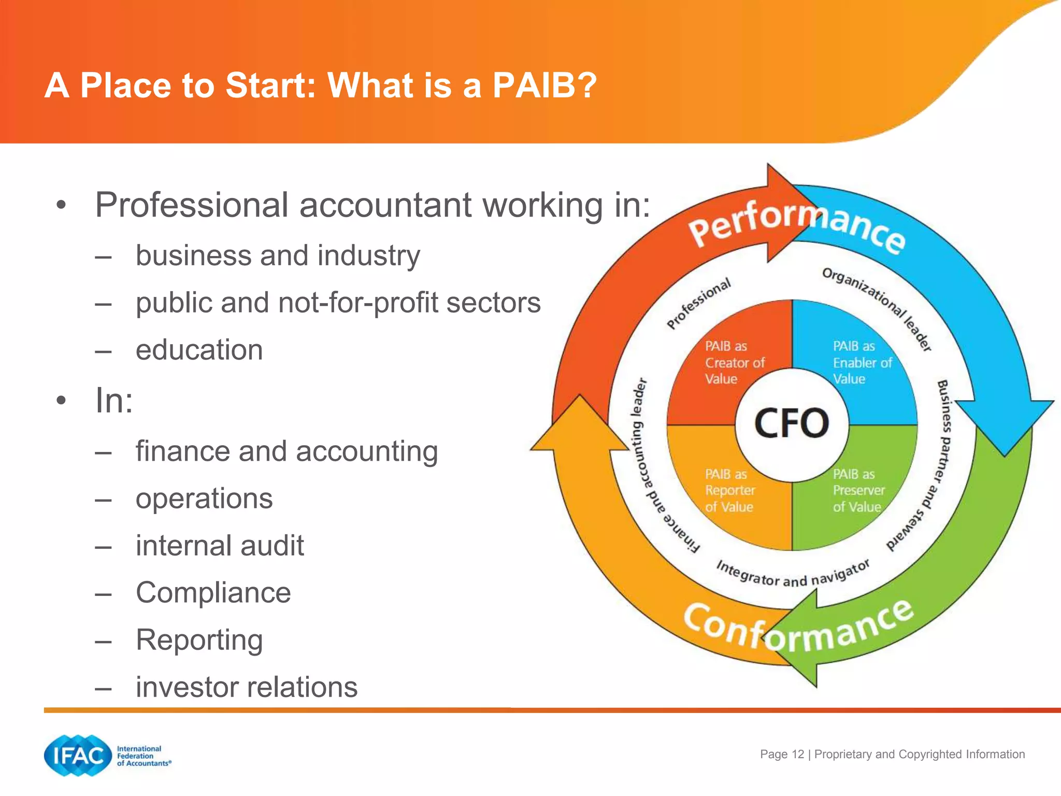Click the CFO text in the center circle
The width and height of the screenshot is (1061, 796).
pos(791,423)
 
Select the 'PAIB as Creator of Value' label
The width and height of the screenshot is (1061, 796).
pos(734,362)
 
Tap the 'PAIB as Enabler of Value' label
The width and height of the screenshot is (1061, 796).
pos(862,362)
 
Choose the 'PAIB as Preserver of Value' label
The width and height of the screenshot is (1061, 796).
pos(858,490)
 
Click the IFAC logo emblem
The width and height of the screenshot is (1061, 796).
pos(78,756)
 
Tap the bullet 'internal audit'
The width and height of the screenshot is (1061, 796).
pos(220,546)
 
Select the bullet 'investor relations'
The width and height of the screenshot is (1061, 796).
pos(247,687)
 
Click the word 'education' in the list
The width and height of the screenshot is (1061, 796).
pos(199,350)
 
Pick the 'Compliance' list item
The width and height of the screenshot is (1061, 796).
pos(213,593)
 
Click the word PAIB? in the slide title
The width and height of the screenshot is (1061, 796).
pos(544,85)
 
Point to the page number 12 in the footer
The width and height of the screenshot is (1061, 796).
pos(798,754)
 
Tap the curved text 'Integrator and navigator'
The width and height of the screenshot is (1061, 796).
pos(793,574)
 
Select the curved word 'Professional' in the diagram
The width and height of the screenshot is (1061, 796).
pos(698,303)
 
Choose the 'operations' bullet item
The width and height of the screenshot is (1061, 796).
pos(204,499)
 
